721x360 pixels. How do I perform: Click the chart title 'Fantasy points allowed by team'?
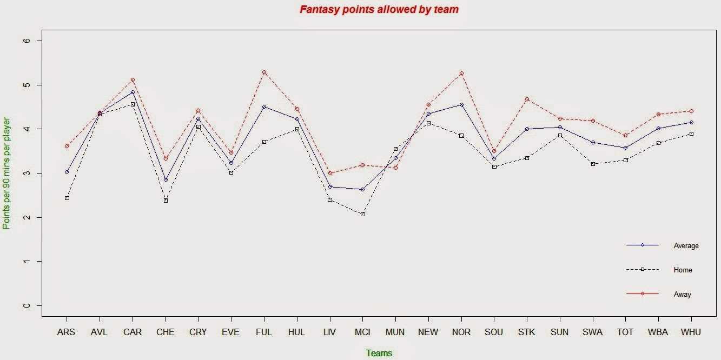click(379, 9)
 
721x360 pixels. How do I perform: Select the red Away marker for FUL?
click(264, 72)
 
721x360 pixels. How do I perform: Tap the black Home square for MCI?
click(363, 214)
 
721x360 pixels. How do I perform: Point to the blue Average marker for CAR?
click(133, 92)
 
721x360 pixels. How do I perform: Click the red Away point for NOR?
click(461, 74)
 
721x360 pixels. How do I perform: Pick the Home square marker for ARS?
click(67, 198)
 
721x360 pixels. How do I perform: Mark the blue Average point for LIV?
click(330, 187)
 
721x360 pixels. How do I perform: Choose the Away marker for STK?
click(527, 99)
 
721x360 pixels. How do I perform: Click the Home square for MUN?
click(395, 149)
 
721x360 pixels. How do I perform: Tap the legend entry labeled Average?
click(686, 246)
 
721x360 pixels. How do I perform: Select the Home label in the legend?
click(683, 270)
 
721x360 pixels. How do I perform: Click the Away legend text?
click(683, 295)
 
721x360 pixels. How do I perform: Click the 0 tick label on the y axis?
click(27, 305)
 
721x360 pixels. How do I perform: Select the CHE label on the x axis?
click(166, 332)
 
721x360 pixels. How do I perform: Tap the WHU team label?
click(691, 332)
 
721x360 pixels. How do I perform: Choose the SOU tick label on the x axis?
click(494, 332)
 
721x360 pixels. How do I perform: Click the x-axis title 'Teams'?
click(379, 354)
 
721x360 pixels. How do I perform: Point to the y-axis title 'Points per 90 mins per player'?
click(6, 173)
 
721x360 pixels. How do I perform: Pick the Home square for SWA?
click(593, 164)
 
